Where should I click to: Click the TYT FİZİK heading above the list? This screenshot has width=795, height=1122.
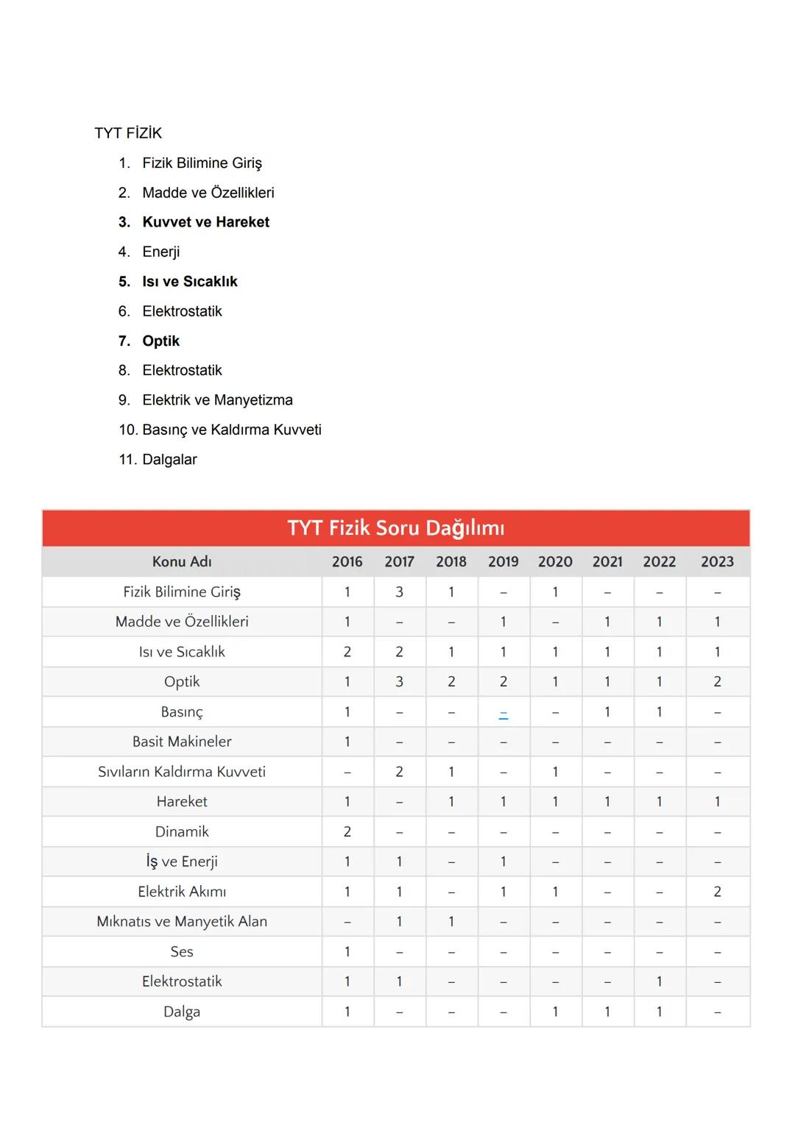tap(128, 133)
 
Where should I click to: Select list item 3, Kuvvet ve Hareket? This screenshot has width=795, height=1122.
tap(205, 222)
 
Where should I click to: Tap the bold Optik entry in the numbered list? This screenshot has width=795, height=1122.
tap(160, 341)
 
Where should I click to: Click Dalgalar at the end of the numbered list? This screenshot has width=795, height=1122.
tap(169, 459)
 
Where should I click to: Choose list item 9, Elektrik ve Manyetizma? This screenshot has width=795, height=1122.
tap(217, 400)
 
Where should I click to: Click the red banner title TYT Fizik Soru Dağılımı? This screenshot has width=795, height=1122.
tap(396, 528)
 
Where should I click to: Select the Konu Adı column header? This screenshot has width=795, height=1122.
tap(182, 561)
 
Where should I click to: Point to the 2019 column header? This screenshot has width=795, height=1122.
tap(503, 561)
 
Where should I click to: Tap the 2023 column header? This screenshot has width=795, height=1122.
tap(717, 561)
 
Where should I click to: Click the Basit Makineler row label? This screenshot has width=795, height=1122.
tap(182, 742)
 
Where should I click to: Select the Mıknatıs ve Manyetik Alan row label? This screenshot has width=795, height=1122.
tap(182, 921)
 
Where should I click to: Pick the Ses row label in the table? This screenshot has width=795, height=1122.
tap(182, 951)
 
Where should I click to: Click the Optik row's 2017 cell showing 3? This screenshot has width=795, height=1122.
tap(399, 681)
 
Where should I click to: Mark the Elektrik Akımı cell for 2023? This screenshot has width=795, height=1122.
tap(717, 892)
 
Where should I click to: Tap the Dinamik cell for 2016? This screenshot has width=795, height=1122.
tap(347, 831)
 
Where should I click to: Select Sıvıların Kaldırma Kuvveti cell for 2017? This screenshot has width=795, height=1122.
tap(399, 772)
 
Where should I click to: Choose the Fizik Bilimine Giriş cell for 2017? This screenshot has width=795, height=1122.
tap(399, 592)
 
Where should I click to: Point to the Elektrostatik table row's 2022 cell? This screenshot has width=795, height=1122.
tap(659, 981)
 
